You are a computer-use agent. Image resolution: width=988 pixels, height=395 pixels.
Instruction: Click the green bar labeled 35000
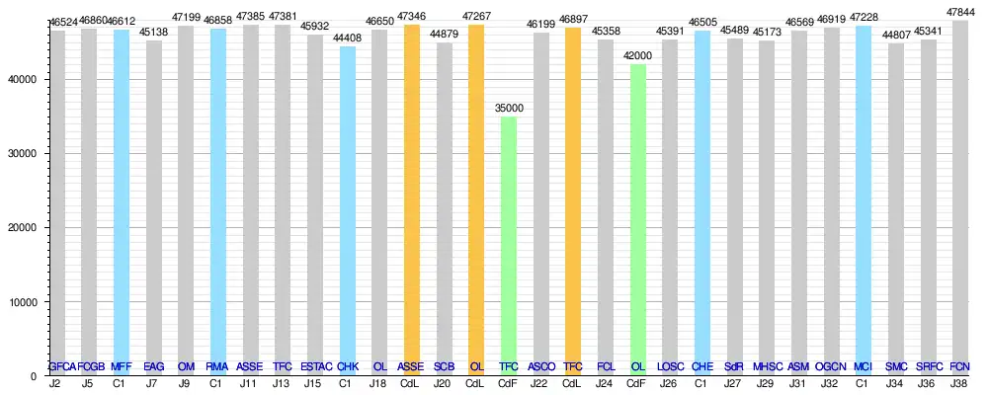[x=508, y=246]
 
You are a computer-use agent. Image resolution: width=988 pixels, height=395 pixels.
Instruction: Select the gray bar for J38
[x=959, y=197]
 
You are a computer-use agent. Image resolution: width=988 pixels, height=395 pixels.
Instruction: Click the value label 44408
[x=347, y=39]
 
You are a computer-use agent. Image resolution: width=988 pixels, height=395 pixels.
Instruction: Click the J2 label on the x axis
[x=56, y=382]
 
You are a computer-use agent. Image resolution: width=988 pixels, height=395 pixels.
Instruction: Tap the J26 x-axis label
[x=669, y=382]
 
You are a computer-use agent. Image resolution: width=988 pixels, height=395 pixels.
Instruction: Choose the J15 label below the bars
[x=314, y=382]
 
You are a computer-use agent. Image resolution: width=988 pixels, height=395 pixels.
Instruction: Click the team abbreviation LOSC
[x=669, y=367]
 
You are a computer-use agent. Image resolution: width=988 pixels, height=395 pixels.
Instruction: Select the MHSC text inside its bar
[x=766, y=367]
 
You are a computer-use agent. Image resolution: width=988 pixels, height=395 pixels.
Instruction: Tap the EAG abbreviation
[x=153, y=367]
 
